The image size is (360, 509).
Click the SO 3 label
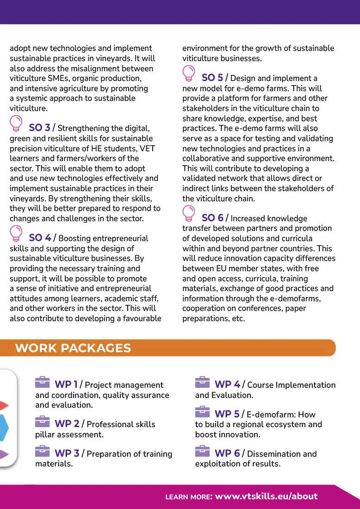click(39, 128)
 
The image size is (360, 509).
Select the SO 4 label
click(40, 238)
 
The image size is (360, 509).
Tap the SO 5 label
click(212, 78)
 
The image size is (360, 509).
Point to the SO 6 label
click(212, 218)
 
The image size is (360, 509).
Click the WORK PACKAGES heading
click(73, 348)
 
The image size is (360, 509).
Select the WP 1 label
click(66, 385)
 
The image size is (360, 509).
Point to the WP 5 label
click(227, 414)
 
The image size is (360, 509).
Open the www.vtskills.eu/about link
click(267, 497)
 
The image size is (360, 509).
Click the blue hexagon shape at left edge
click(4, 427)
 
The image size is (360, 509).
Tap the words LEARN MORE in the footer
click(188, 497)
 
